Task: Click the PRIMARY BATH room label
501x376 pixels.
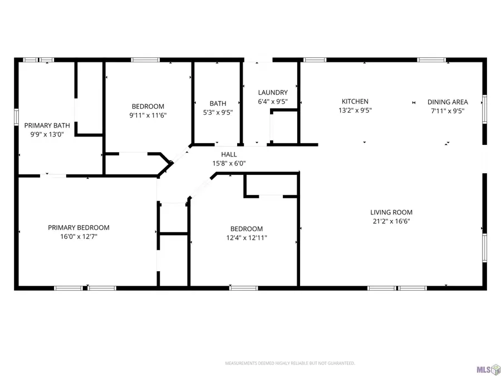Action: tap(47, 125)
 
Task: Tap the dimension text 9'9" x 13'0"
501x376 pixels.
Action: tap(47, 134)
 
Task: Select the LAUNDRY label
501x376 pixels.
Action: tap(273, 92)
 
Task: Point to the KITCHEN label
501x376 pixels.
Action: tap(355, 101)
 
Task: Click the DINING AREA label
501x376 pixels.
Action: tap(448, 102)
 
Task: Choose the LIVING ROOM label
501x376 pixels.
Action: tap(391, 212)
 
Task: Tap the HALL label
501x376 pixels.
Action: tap(229, 154)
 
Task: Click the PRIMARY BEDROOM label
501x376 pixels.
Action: tap(78, 227)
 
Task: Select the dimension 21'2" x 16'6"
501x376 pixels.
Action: tap(391, 221)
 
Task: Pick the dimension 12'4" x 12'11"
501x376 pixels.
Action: tap(247, 238)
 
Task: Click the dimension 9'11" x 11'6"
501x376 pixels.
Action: tap(148, 115)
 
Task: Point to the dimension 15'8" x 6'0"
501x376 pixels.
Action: tap(229, 163)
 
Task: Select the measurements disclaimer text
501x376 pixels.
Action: tap(289, 363)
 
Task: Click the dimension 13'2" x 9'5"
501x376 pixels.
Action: tap(355, 110)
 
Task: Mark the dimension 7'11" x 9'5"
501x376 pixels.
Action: tap(448, 111)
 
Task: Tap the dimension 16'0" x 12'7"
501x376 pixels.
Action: tap(78, 236)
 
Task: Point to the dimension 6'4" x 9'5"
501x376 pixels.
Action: tap(273, 101)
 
